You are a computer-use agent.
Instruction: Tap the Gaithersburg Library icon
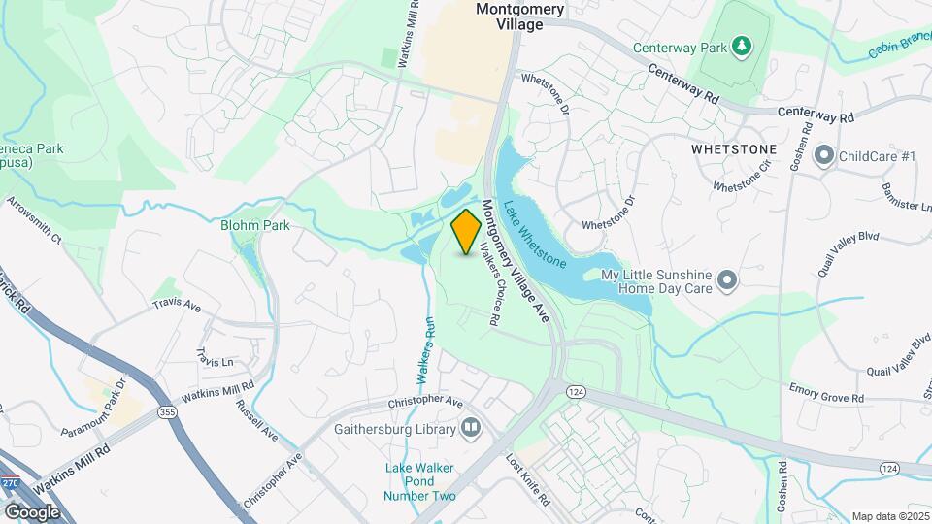tap(471, 428)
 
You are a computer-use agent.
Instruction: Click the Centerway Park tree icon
tap(742, 46)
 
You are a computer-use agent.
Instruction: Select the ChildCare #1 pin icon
tap(825, 155)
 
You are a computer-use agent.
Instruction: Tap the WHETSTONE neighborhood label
tap(734, 150)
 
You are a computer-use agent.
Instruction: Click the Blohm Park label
tap(255, 225)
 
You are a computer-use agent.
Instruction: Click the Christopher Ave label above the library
tap(425, 401)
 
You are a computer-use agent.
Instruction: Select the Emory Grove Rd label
tap(826, 398)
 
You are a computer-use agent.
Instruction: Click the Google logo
tap(32, 511)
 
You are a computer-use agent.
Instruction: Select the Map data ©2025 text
tap(888, 516)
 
